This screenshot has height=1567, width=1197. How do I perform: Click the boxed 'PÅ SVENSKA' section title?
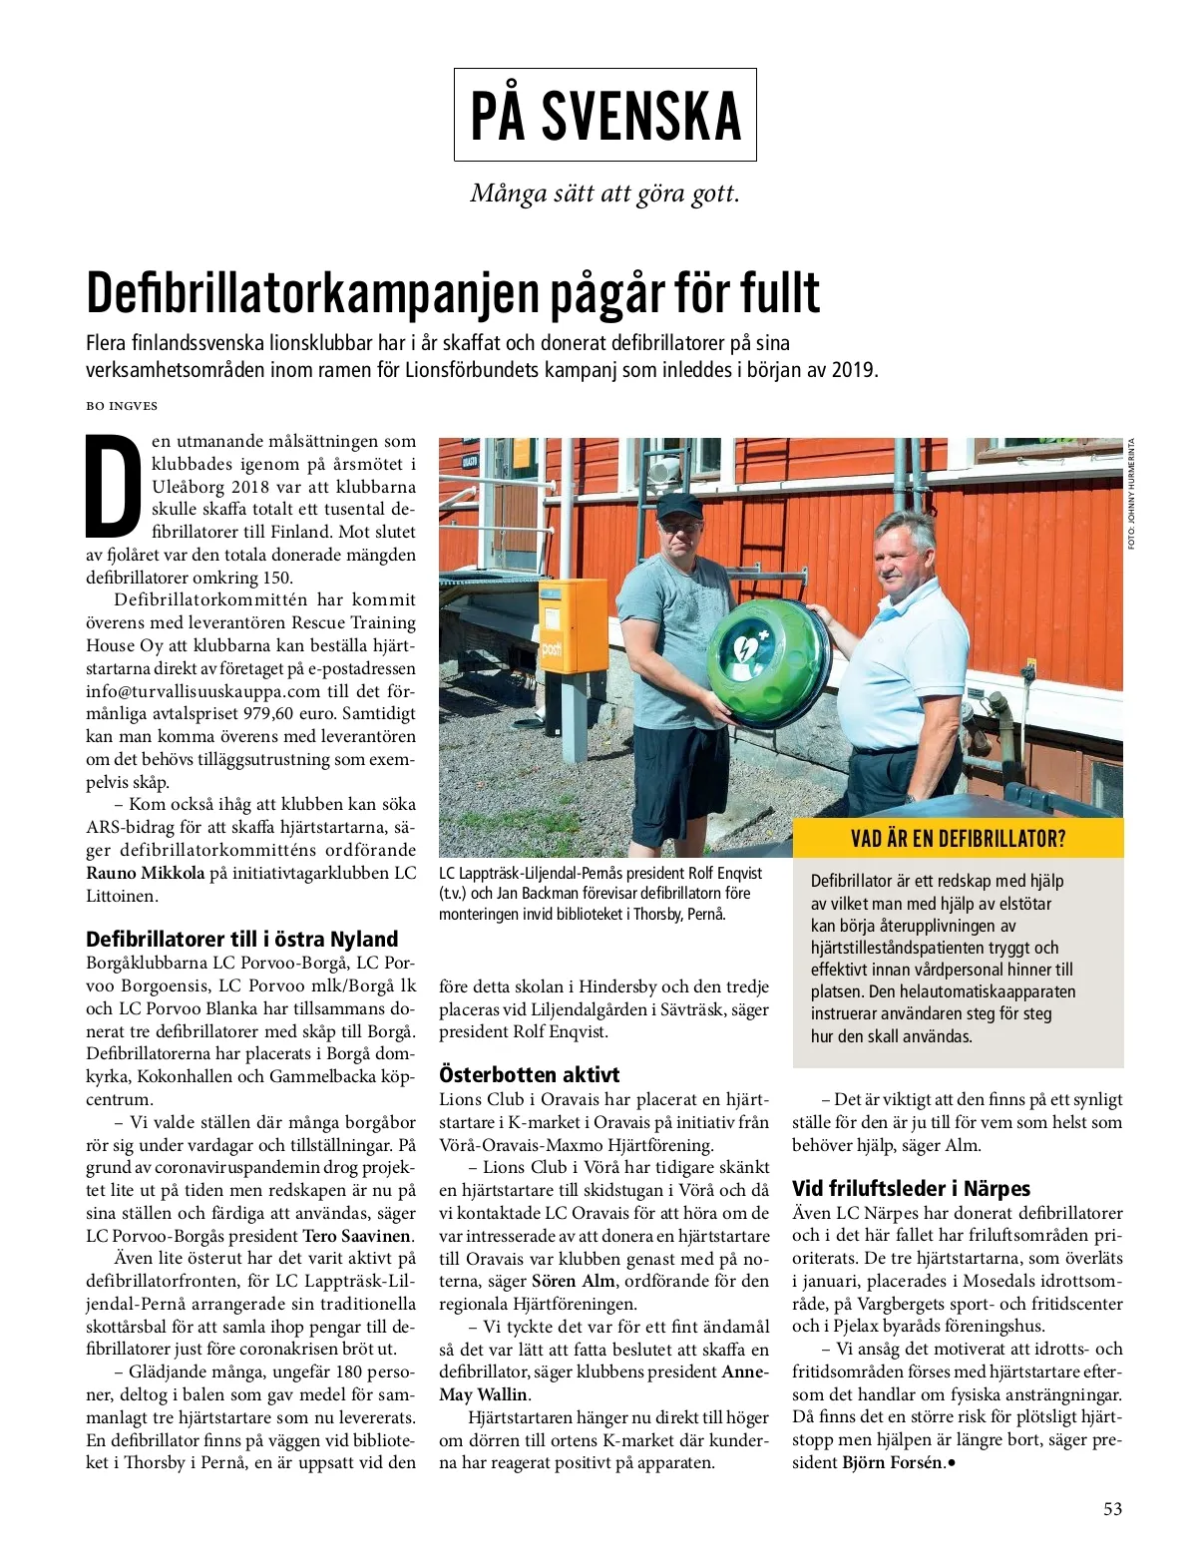604,115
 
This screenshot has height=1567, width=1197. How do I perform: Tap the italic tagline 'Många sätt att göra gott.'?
604,193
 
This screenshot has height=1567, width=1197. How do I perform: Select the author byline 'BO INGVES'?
122,406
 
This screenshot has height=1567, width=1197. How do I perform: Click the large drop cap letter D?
113,485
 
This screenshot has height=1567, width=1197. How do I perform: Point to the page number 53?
1112,1508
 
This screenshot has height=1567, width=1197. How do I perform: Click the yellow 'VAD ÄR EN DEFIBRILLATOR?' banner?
958,838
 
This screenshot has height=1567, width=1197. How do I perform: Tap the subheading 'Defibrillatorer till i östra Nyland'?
241,939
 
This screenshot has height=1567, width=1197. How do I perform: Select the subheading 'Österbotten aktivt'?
529,1074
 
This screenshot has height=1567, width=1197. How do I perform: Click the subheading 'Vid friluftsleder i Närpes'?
911,1188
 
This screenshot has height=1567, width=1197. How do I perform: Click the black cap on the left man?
679,505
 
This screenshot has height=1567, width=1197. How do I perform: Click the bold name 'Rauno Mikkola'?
145,873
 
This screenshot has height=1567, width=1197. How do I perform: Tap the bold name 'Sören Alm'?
573,1281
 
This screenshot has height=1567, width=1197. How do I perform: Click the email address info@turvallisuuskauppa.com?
202,691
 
